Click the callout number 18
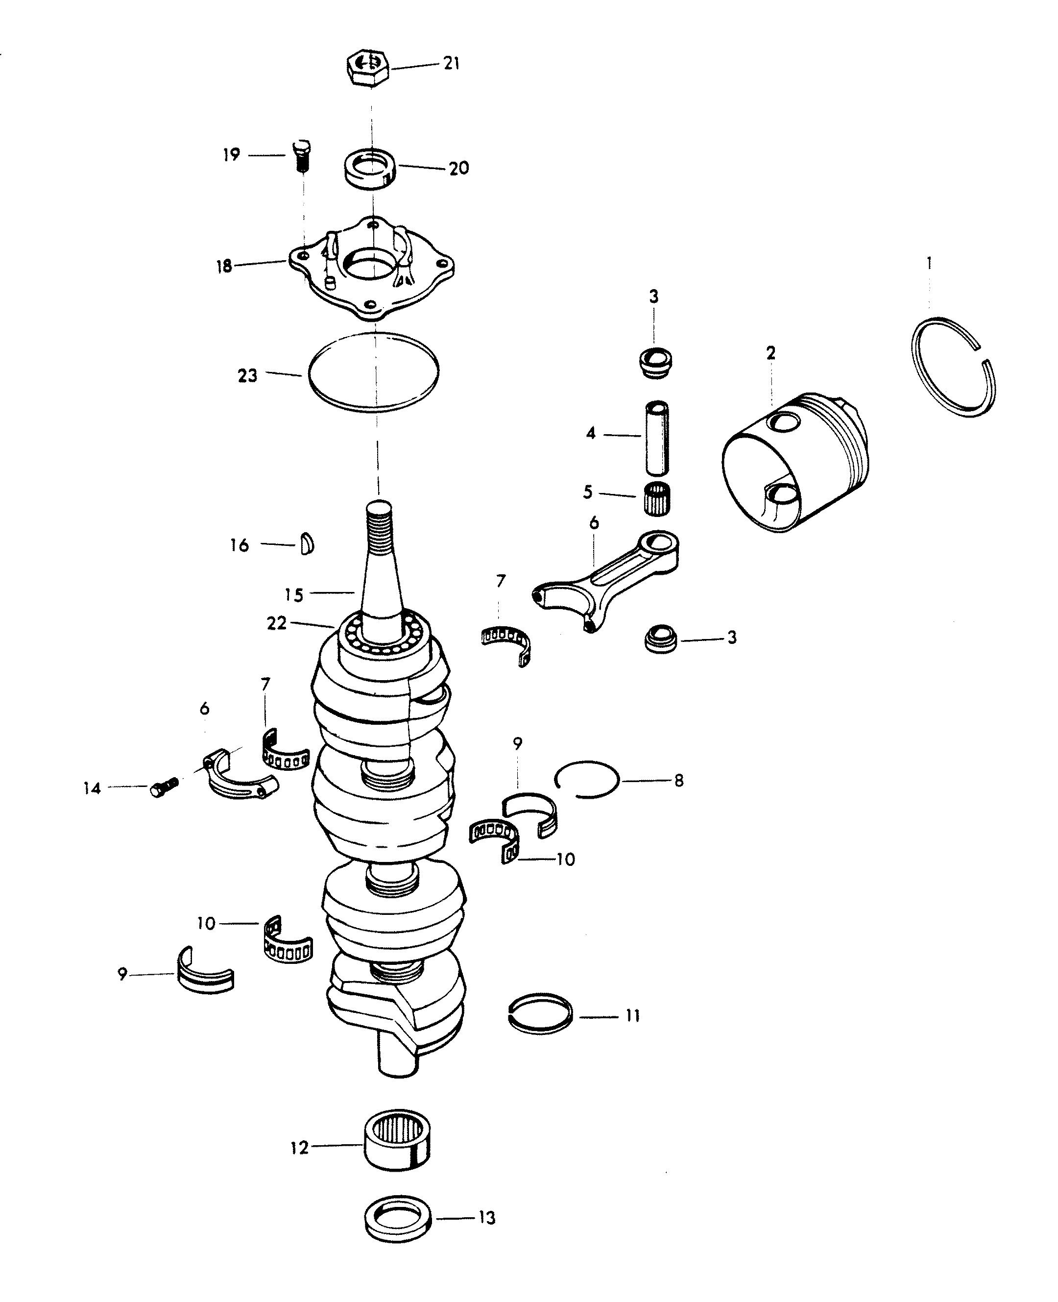224,267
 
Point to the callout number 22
277,624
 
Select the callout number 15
294,595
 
